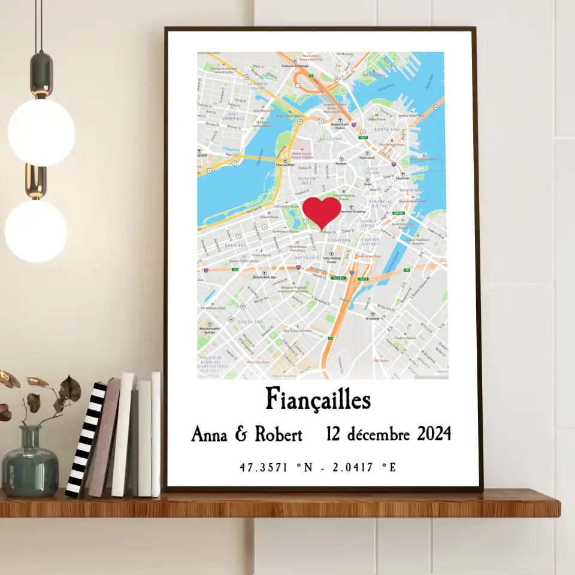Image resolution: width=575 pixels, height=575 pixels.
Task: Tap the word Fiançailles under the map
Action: (x=318, y=400)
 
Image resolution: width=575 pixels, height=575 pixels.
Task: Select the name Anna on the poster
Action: (x=209, y=434)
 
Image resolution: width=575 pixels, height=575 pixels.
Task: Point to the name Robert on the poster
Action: (x=279, y=434)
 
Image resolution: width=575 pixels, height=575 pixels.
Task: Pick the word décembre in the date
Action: (x=377, y=434)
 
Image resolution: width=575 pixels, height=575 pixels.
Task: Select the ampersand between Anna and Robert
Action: (x=241, y=434)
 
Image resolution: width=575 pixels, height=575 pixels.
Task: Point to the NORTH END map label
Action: (x=386, y=129)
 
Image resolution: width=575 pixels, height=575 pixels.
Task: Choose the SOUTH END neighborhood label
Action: (x=250, y=322)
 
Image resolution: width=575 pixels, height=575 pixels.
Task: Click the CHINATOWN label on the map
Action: (x=338, y=240)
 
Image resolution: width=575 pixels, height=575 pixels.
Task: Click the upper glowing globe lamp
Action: (x=41, y=132)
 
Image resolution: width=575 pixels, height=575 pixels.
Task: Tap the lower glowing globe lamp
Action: (x=36, y=231)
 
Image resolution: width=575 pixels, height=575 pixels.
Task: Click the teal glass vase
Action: (x=30, y=464)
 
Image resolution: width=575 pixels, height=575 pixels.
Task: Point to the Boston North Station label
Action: (x=340, y=125)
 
